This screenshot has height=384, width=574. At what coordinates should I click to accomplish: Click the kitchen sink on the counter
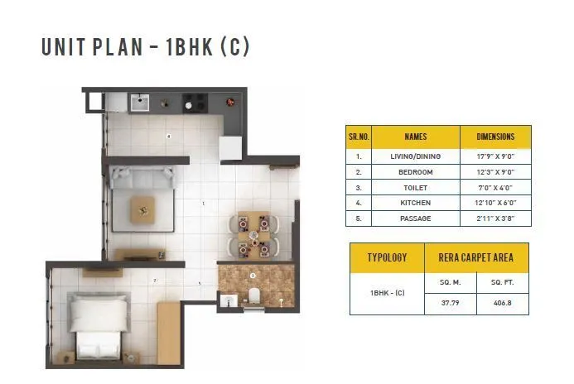tap(138, 103)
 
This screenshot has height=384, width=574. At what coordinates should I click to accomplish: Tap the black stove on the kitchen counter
tap(196, 103)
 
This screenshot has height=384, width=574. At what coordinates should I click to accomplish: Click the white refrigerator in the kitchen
tap(229, 146)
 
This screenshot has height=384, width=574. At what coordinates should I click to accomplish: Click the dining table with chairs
tap(254, 233)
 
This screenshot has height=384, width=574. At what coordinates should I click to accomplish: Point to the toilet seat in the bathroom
tap(256, 295)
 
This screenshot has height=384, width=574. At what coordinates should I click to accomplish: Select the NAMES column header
tap(415, 137)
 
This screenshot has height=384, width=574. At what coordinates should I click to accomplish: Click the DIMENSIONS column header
tap(495, 137)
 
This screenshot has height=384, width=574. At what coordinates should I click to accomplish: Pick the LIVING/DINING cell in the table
tap(415, 156)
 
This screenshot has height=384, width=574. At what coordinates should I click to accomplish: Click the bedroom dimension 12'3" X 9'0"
tap(495, 171)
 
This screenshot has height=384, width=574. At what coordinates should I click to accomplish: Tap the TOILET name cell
tap(415, 187)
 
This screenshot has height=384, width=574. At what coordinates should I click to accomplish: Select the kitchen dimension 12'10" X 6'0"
tap(495, 203)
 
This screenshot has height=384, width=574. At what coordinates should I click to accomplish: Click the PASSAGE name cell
tap(415, 218)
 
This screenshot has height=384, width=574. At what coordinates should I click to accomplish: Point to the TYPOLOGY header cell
tap(387, 257)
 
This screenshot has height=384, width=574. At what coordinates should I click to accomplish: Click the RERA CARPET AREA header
tap(477, 257)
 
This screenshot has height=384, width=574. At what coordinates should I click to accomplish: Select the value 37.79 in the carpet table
tap(451, 301)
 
